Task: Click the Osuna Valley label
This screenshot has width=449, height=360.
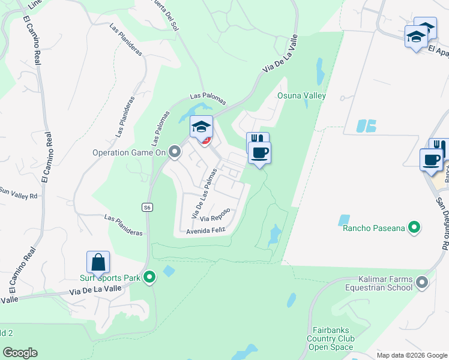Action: coord(301,96)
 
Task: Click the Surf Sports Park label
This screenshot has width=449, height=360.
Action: coord(110,278)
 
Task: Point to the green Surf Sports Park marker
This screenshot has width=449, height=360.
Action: coord(149,277)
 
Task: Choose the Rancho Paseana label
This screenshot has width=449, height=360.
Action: coord(372,228)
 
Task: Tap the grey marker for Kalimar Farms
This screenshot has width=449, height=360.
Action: coord(422,282)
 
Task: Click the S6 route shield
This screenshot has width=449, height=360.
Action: coord(147,207)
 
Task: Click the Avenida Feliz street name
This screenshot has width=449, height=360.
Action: coord(205,231)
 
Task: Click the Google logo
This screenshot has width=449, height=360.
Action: coord(20,353)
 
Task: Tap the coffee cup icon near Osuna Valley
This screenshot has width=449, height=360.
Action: coord(259,153)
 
